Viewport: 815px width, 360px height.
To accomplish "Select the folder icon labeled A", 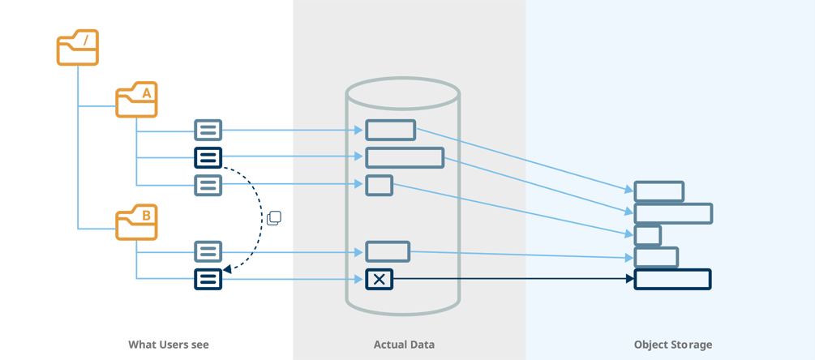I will point(136,99).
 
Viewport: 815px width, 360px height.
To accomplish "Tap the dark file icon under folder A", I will point(208,156).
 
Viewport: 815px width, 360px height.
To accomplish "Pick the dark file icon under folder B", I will point(208,280).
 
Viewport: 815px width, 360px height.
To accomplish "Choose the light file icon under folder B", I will point(208,252).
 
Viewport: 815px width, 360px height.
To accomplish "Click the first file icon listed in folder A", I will point(208,130).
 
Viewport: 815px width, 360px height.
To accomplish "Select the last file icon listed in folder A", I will point(208,185).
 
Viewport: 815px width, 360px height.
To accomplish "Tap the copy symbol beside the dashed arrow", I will point(274,217).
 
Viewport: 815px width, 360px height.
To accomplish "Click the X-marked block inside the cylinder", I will point(380,280).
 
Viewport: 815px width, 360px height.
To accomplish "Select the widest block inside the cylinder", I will point(405,157).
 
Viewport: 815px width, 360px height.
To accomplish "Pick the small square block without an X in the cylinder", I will point(380,185).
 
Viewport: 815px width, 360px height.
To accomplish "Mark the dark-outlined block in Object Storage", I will point(672,279).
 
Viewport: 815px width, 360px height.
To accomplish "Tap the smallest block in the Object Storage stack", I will point(647,235).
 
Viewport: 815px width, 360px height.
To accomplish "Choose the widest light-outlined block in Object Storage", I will point(673,213).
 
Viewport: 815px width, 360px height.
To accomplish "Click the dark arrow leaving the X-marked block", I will point(511,280).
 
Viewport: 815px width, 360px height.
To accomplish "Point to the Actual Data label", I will point(404,345).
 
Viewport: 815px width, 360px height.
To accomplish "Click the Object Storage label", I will point(673,345).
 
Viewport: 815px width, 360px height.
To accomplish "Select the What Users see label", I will point(169,345).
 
